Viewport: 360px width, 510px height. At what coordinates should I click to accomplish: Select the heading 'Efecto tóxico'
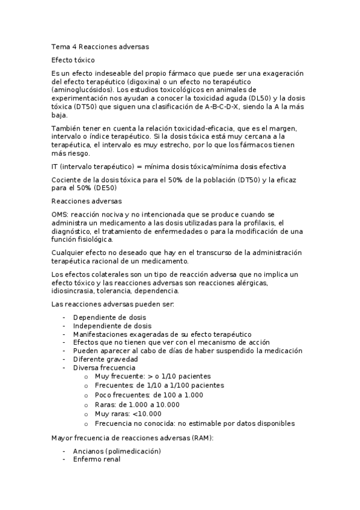pos(73,60)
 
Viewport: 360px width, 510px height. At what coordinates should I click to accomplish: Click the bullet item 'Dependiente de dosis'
pos(109,317)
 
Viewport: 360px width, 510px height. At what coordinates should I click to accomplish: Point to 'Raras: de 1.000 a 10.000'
pos(137,405)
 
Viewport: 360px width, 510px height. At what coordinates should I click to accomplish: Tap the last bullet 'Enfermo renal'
pos(96,459)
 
